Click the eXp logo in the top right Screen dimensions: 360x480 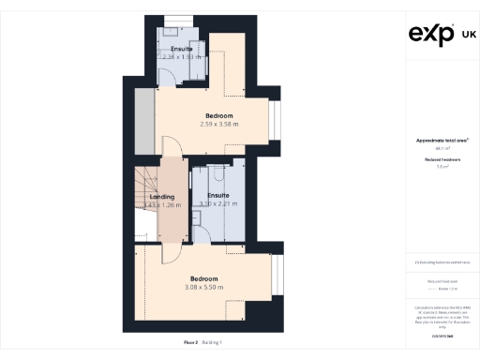431,35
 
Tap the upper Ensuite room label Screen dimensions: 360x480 182,48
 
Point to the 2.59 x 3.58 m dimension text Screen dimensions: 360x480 219,125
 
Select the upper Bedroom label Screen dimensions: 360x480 219,116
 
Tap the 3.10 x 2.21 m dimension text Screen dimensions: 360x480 217,203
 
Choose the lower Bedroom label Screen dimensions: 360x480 203,279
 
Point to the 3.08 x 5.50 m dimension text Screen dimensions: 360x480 203,288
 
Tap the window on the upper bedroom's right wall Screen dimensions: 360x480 274,119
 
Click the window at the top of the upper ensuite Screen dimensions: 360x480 176,18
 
